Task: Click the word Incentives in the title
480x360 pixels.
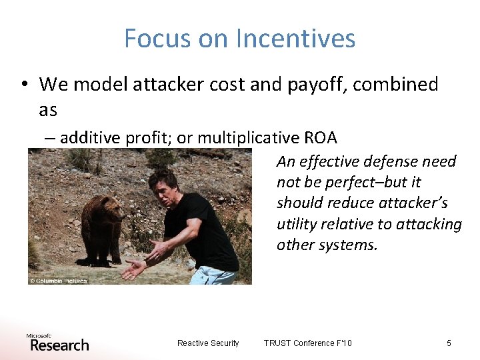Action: point(299,39)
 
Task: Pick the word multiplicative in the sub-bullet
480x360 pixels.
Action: point(246,138)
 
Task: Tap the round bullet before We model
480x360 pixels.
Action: point(25,85)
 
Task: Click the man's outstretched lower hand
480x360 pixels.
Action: point(134,270)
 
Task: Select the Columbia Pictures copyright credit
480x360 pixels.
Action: point(59,281)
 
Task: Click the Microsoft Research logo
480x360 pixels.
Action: point(57,342)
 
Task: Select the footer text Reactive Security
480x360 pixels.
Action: point(208,343)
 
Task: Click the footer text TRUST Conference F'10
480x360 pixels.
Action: point(307,343)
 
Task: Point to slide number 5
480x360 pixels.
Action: point(449,343)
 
